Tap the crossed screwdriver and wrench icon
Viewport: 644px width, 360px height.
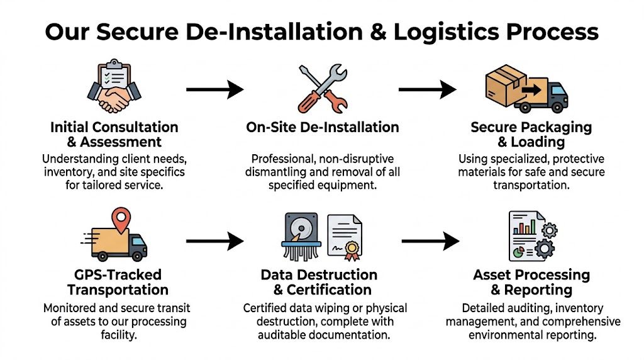tap(321, 87)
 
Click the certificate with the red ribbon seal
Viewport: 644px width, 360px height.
tap(345, 237)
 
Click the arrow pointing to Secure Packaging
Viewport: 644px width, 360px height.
tap(427, 89)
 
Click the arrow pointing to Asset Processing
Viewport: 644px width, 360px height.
tap(430, 240)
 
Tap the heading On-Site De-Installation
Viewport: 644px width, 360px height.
tap(322, 127)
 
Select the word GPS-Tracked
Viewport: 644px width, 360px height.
tap(118, 275)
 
